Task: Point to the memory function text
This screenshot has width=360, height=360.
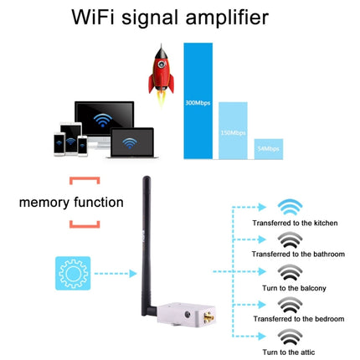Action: pos(71,202)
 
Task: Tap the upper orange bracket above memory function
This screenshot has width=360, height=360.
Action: pos(85,180)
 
